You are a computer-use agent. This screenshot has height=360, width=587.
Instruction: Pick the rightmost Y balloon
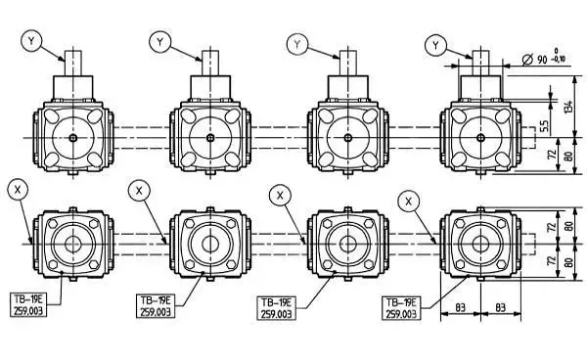click(x=437, y=44)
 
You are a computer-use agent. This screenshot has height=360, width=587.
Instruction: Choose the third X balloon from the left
click(x=280, y=195)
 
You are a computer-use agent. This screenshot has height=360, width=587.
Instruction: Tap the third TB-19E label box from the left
click(x=277, y=309)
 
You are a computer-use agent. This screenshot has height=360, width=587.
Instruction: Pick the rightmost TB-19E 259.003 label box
click(x=405, y=308)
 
